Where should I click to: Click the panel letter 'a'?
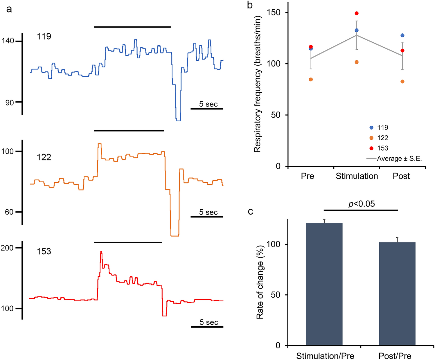[x=9, y=9]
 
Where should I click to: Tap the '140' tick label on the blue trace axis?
[x=8, y=41]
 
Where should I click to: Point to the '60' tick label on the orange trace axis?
[x=9, y=212]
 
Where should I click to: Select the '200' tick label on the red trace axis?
[x=7, y=248]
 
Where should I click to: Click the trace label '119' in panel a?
[x=44, y=36]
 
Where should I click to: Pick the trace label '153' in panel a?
[x=44, y=251]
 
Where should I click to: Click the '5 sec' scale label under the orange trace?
[x=208, y=212]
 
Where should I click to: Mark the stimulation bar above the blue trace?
[x=132, y=27]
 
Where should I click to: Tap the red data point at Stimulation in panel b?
[x=357, y=13]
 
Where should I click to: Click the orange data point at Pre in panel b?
[x=311, y=80]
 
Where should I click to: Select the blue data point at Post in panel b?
[x=402, y=35]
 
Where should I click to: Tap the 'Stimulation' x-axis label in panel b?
[x=357, y=176]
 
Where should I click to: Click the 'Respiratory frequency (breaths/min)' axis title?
[x=258, y=84]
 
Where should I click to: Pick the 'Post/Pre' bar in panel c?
[x=397, y=294]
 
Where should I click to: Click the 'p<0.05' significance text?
[x=361, y=204]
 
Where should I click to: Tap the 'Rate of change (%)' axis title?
[x=260, y=282]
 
